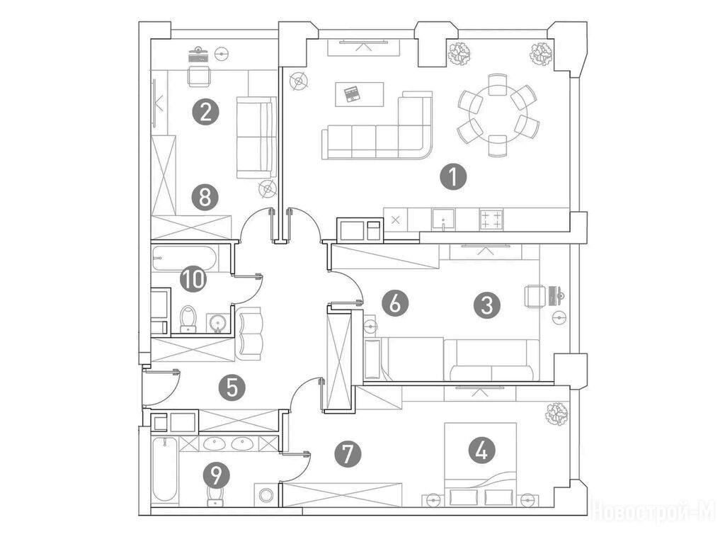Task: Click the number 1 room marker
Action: [453, 177]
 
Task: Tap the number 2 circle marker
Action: [206, 111]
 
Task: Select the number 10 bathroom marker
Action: [193, 279]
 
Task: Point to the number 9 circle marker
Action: [217, 474]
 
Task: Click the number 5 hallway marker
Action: [232, 387]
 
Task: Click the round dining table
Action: [498, 115]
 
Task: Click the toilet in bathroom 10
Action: [188, 319]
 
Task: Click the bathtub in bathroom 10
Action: [185, 259]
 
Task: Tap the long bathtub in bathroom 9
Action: [165, 470]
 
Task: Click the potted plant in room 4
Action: [556, 414]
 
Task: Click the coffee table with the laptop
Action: [359, 94]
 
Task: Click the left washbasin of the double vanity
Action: [214, 444]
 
